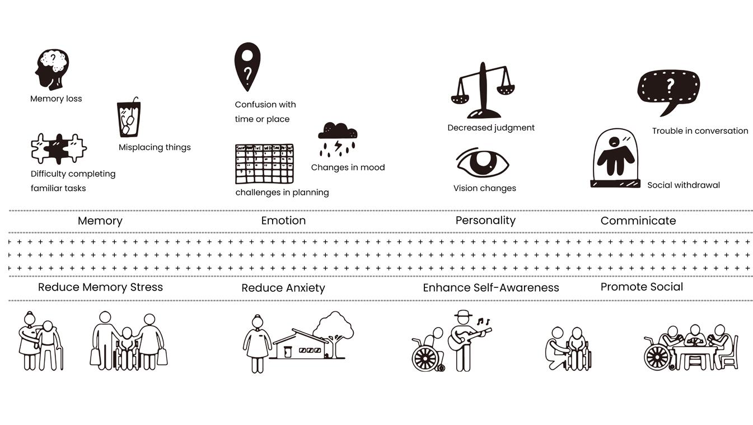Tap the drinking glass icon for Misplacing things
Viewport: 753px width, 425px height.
pyautogui.click(x=129, y=118)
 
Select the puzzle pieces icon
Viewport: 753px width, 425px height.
pyautogui.click(x=59, y=148)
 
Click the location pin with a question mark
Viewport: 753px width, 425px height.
pyautogui.click(x=247, y=66)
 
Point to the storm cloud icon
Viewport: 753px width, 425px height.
pyautogui.click(x=338, y=138)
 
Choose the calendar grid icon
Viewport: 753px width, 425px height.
pyautogui.click(x=264, y=164)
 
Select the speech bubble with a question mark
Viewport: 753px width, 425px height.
pyautogui.click(x=668, y=90)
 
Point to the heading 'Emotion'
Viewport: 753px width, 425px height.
pyautogui.click(x=283, y=221)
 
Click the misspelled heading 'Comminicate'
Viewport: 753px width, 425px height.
pyautogui.click(x=638, y=221)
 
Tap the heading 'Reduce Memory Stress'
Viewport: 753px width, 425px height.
pyautogui.click(x=100, y=287)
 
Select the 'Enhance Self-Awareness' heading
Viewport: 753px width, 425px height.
pyautogui.click(x=490, y=288)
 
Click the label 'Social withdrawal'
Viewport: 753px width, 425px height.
pyautogui.click(x=683, y=185)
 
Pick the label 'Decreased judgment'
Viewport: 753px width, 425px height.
pyautogui.click(x=491, y=128)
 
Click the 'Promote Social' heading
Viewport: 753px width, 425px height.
pyautogui.click(x=642, y=287)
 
